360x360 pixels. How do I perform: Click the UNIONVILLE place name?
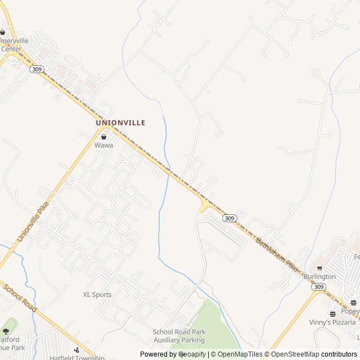pyautogui.click(x=120, y=123)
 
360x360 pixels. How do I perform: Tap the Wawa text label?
pyautogui.click(x=103, y=145)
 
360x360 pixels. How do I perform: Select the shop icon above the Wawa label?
pyautogui.click(x=103, y=137)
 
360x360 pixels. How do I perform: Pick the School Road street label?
pyautogui.click(x=20, y=299)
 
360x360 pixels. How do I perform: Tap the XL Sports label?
pyautogui.click(x=97, y=295)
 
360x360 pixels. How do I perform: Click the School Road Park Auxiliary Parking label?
pyautogui.click(x=179, y=336)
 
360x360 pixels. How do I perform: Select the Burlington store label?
pyautogui.click(x=319, y=277)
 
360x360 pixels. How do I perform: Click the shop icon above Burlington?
pyautogui.click(x=319, y=268)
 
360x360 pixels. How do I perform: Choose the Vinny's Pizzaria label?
pyautogui.click(x=332, y=322)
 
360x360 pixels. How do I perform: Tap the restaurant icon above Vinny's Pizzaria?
pyautogui.click(x=332, y=314)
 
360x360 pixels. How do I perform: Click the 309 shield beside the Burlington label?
pyautogui.click(x=318, y=287)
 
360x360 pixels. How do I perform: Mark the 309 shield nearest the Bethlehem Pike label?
pyautogui.click(x=228, y=218)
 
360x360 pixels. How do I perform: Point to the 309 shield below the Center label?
pyautogui.click(x=37, y=69)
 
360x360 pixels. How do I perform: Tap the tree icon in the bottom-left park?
pyautogui.click(x=6, y=331)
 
